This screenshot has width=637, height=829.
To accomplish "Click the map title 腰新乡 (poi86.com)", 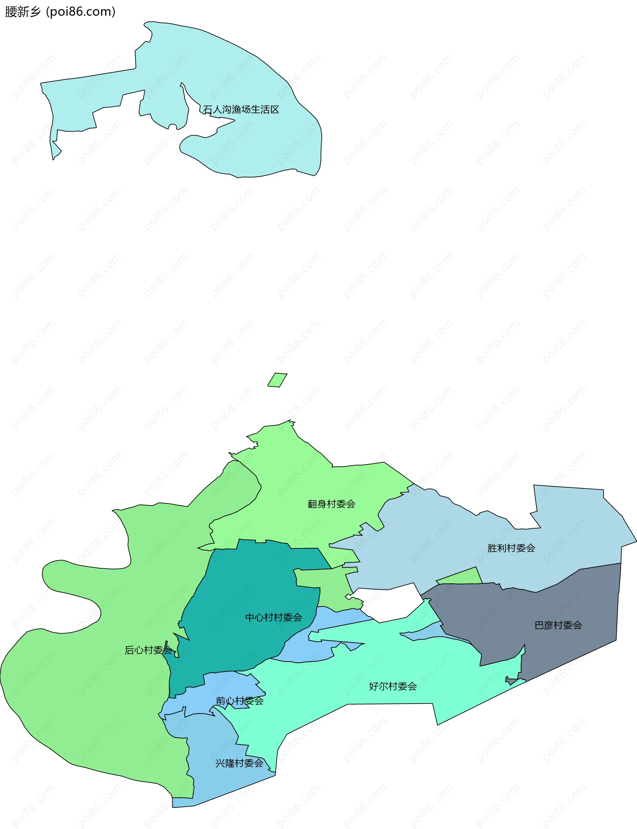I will (60, 12).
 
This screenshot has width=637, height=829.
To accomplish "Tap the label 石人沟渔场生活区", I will (241, 109).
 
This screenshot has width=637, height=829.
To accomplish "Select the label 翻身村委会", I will (331, 504).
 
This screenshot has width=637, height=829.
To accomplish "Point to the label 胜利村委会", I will (511, 548).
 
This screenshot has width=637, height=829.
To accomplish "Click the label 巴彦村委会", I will (558, 625).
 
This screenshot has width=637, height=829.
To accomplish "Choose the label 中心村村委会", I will (273, 617).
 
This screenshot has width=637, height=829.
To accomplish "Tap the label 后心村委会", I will (148, 650).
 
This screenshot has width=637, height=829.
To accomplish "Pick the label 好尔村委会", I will (393, 686).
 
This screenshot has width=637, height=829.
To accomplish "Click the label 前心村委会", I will (239, 701).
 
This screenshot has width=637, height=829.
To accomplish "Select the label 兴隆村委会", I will (239, 763).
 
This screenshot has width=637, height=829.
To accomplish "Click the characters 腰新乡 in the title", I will (23, 12).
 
